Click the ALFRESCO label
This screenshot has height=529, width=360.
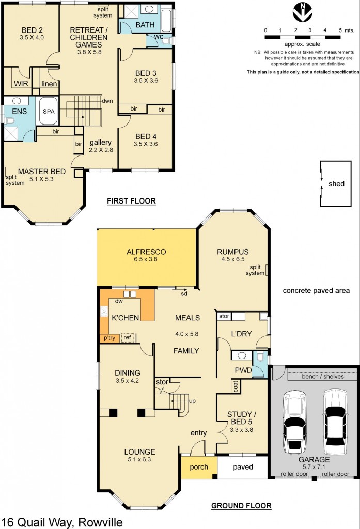(145, 252)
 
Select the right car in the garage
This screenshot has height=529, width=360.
(335, 421)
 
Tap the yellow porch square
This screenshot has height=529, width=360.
(198, 467)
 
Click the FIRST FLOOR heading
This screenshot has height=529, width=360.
(131, 201)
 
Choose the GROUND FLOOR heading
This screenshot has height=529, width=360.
(241, 506)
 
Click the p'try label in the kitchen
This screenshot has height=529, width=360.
(109, 338)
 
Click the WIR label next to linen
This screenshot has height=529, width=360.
(21, 83)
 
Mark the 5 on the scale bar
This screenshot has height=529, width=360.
(340, 30)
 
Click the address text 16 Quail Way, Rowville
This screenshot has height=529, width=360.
(62, 522)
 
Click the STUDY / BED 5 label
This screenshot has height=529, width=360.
(242, 417)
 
